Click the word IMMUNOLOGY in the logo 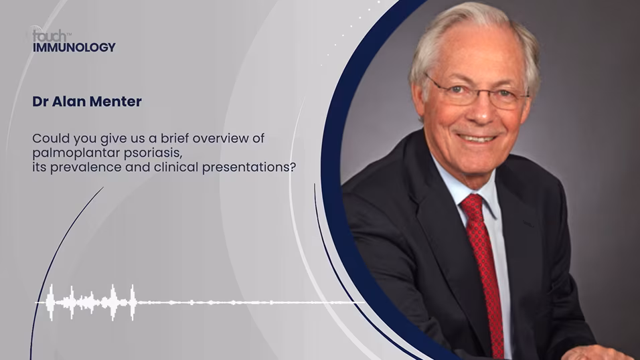point(74,48)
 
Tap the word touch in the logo point(49,35)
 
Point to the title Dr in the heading point(40,101)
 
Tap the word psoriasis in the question point(153,153)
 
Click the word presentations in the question point(248,167)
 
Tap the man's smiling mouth point(477,138)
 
